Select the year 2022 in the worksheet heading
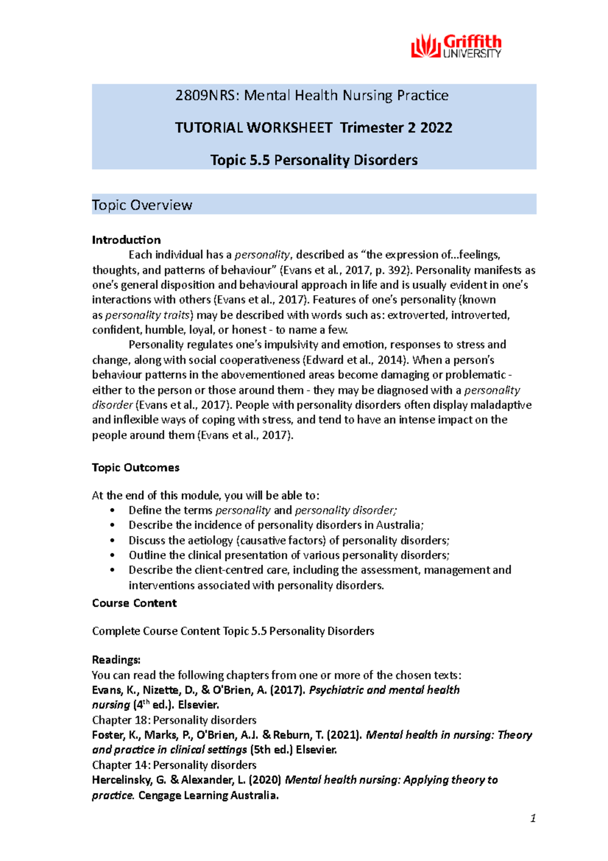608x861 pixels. pos(436,127)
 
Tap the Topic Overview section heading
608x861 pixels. pos(142,205)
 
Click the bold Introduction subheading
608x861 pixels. pos(126,240)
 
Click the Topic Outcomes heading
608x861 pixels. pos(135,468)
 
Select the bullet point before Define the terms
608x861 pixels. pos(112,511)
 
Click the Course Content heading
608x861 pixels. pos(134,603)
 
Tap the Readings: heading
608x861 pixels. pos(116,660)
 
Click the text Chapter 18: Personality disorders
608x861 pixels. pos(174,720)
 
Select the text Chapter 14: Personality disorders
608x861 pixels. pos(174,765)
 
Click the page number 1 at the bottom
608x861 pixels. pos(533,818)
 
